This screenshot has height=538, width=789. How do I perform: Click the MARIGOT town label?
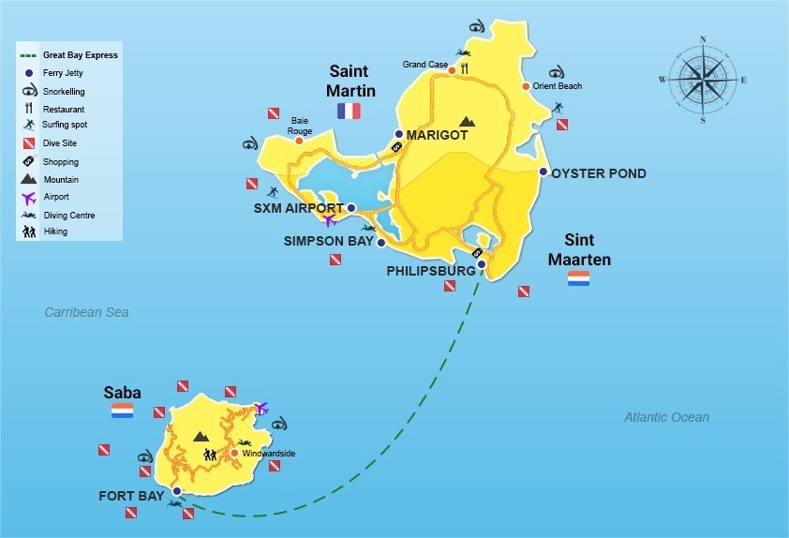click(437, 135)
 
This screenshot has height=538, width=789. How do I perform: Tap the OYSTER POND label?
click(599, 173)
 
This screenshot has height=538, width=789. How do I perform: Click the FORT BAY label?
click(131, 496)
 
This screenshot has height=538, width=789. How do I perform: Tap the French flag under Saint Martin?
click(349, 112)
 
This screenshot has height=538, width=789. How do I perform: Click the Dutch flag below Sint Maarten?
click(578, 278)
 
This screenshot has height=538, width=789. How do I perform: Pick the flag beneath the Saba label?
click(122, 411)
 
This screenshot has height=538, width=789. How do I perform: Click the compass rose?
click(704, 80)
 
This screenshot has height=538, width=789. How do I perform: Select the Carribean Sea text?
click(86, 312)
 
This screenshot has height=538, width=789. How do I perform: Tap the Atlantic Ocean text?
click(667, 417)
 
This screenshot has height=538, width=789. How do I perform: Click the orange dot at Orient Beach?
click(526, 86)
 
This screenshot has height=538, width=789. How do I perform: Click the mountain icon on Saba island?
click(200, 436)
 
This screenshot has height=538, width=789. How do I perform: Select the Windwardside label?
click(268, 454)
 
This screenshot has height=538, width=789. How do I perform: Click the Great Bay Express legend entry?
click(80, 55)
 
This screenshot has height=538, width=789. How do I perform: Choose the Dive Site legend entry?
click(59, 143)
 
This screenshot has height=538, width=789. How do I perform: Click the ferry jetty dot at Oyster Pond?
click(543, 172)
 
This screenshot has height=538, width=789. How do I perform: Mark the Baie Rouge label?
click(300, 126)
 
